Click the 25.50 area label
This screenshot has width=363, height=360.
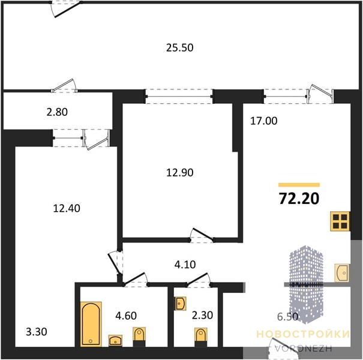[x=179, y=47]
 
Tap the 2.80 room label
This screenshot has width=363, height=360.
[x=57, y=112]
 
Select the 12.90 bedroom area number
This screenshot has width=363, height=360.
[x=179, y=173]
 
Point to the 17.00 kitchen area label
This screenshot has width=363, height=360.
[x=263, y=121]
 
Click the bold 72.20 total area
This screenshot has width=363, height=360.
[x=299, y=199]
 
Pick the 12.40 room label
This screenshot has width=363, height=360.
[x=67, y=208]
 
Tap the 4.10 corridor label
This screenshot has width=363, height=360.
[x=185, y=265]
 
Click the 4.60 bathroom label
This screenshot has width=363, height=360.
[x=126, y=316]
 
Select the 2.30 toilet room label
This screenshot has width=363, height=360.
[x=202, y=316]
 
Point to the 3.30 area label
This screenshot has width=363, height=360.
[x=37, y=332]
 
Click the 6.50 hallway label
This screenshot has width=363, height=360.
[x=287, y=317]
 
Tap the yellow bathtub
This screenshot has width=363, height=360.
[x=91, y=324]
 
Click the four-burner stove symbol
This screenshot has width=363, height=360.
[x=340, y=221]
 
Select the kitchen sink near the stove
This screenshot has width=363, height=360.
[x=342, y=273]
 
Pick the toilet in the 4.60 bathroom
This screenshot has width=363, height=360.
[x=139, y=334]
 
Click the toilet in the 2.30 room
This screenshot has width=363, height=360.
[x=201, y=335]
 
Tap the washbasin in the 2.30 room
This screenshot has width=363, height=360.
[x=180, y=304]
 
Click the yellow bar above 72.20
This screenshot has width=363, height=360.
[x=299, y=185]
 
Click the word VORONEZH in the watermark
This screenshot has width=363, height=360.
[x=303, y=349]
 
